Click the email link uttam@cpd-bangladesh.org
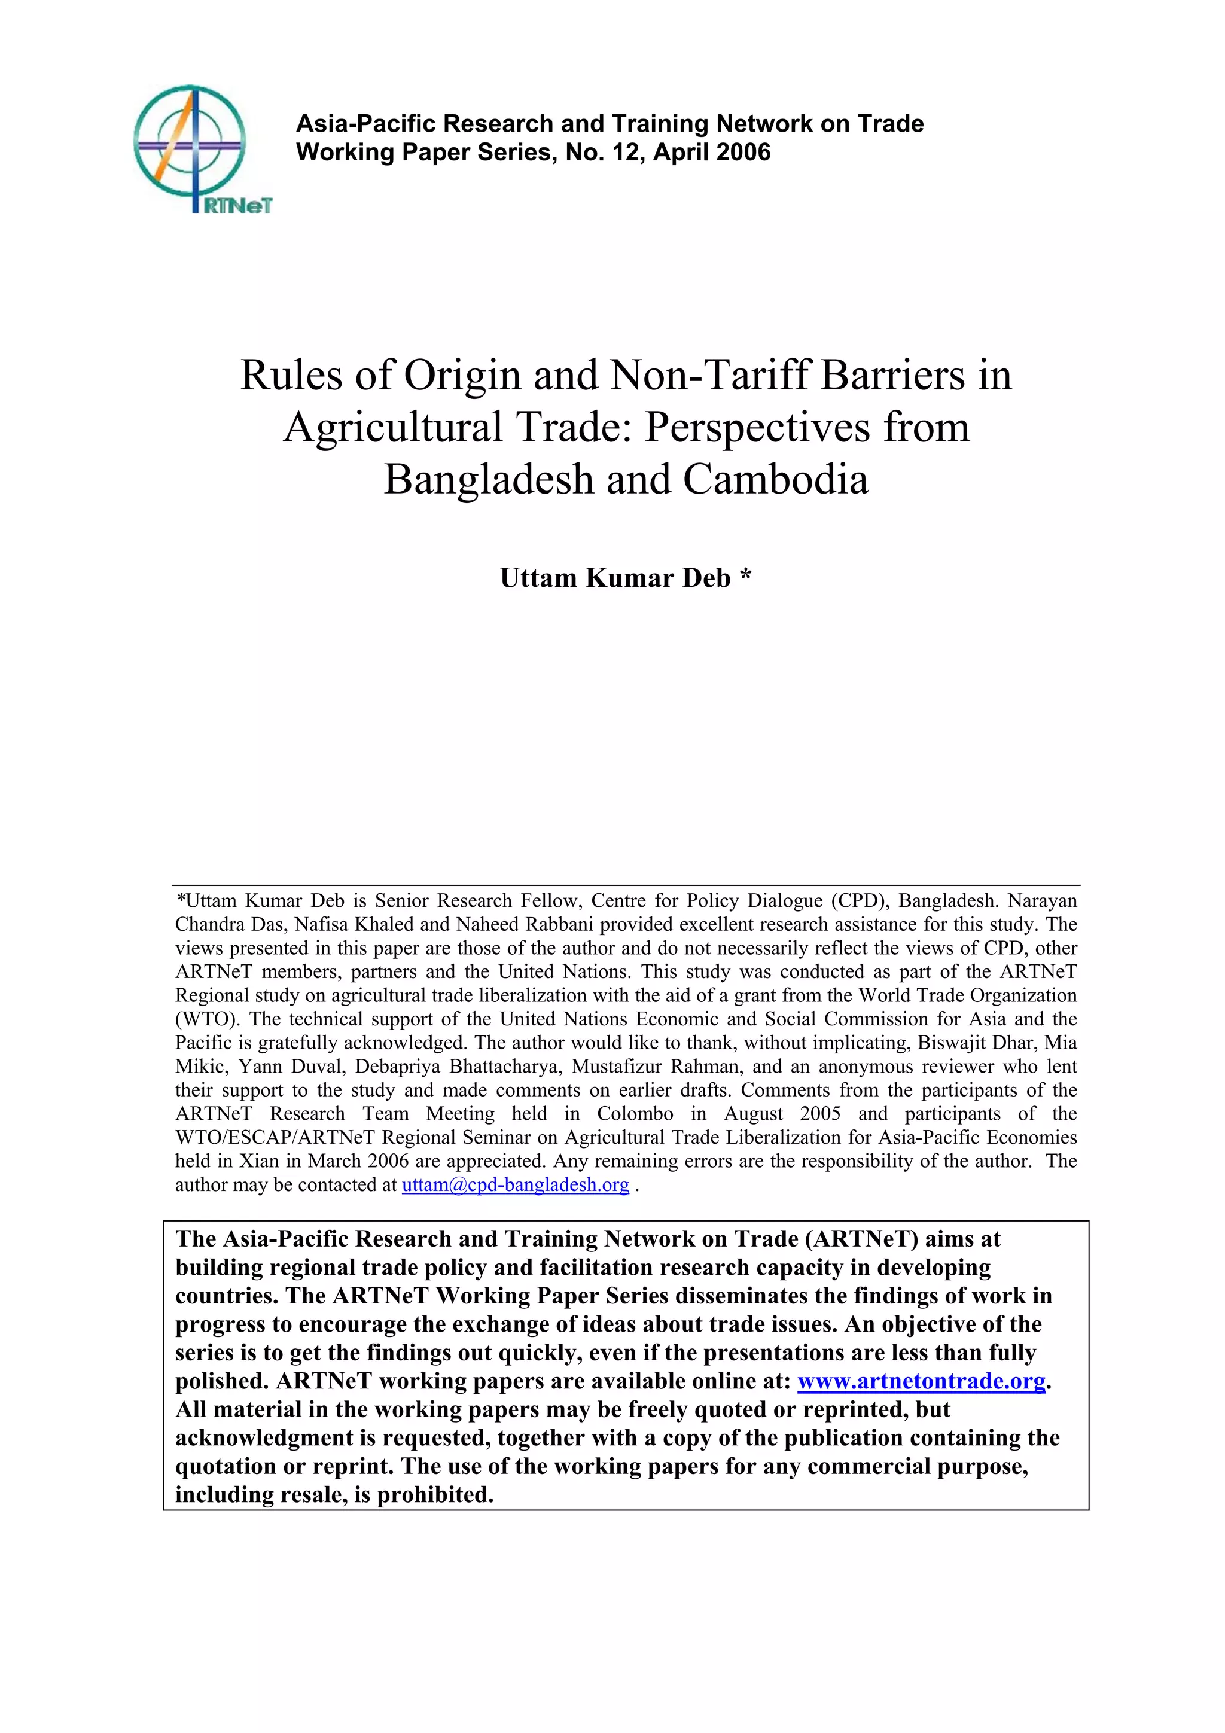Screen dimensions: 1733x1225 pos(515,1184)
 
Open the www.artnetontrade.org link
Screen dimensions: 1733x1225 pos(921,1381)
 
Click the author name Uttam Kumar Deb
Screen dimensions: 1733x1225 pos(615,578)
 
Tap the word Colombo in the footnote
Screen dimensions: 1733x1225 pos(635,1113)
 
